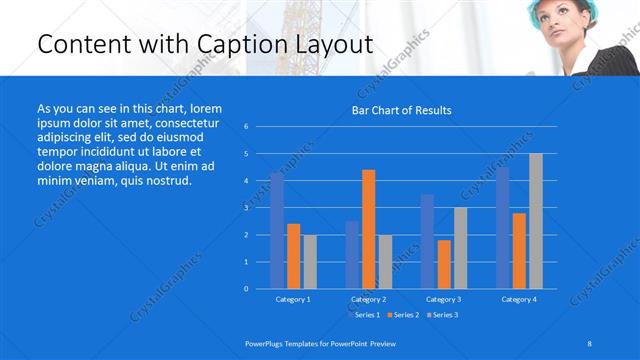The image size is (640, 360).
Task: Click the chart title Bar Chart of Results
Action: (401, 110)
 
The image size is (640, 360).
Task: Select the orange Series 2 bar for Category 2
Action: (369, 229)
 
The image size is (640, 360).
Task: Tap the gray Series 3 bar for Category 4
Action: (535, 221)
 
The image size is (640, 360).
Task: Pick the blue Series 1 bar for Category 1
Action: (277, 230)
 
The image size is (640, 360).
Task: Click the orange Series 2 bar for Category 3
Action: (444, 264)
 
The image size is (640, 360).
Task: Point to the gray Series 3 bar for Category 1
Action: (310, 261)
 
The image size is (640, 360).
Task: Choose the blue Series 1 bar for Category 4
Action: (502, 227)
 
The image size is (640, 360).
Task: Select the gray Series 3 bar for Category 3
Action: (460, 248)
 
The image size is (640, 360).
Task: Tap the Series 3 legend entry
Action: (442, 315)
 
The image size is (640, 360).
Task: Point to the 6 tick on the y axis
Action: (246, 127)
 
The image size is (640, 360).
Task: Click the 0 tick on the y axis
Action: (246, 288)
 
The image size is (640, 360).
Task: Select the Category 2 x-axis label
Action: (368, 299)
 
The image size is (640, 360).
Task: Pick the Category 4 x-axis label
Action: (518, 299)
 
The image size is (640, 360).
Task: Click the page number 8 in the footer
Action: (590, 343)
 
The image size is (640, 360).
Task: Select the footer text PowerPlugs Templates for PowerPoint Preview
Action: (320, 343)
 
